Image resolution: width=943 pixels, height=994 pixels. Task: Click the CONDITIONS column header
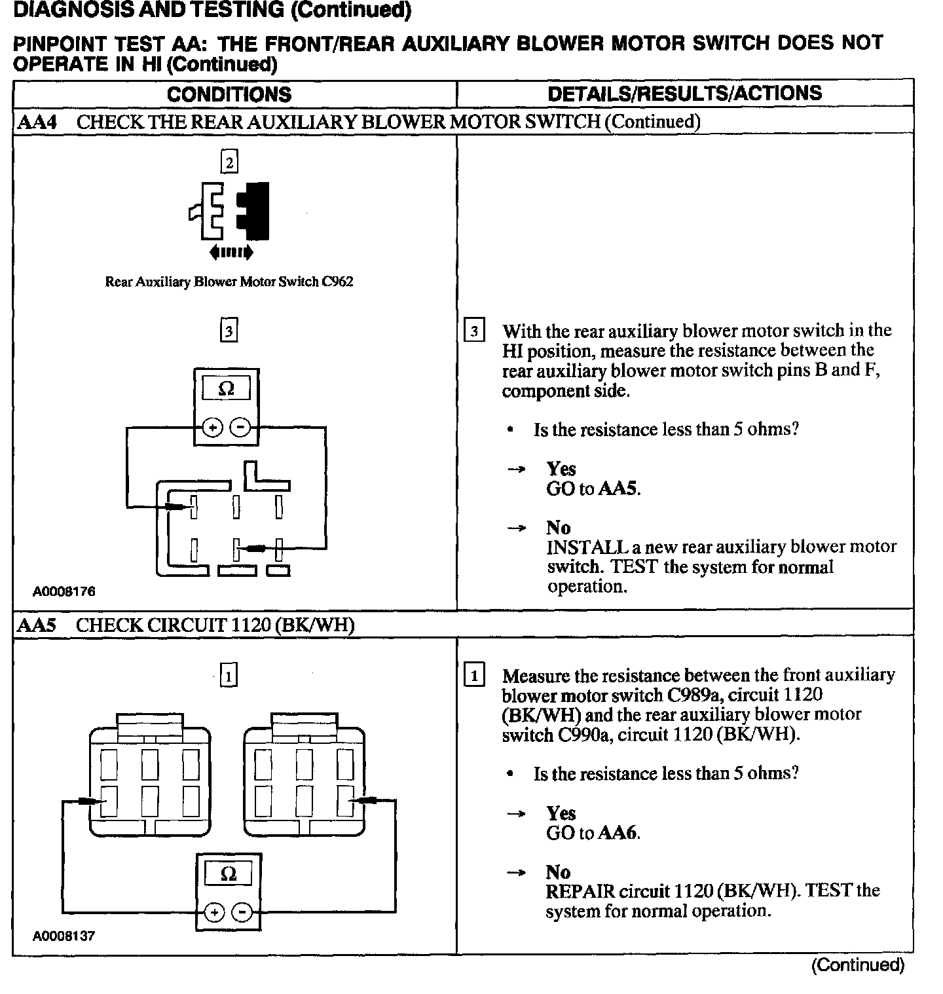(x=229, y=94)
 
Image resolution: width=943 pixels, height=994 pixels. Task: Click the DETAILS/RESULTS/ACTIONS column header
(x=684, y=93)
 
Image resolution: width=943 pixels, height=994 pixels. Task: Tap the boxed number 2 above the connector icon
(x=229, y=162)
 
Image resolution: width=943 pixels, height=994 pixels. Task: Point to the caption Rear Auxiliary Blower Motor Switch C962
(x=229, y=282)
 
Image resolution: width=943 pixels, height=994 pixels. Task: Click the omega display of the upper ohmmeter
(x=226, y=389)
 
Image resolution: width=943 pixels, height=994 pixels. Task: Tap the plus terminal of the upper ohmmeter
(x=212, y=428)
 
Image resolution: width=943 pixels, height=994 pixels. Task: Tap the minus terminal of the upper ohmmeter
(x=241, y=428)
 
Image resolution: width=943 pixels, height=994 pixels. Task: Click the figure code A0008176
(x=64, y=591)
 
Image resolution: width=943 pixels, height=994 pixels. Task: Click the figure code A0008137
(x=64, y=936)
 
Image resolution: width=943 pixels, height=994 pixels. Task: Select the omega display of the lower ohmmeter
(x=228, y=874)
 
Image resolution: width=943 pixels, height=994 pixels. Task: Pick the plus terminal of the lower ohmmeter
(x=213, y=911)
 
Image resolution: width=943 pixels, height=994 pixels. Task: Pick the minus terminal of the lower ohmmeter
(x=242, y=911)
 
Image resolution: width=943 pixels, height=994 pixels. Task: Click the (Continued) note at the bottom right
(x=857, y=965)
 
